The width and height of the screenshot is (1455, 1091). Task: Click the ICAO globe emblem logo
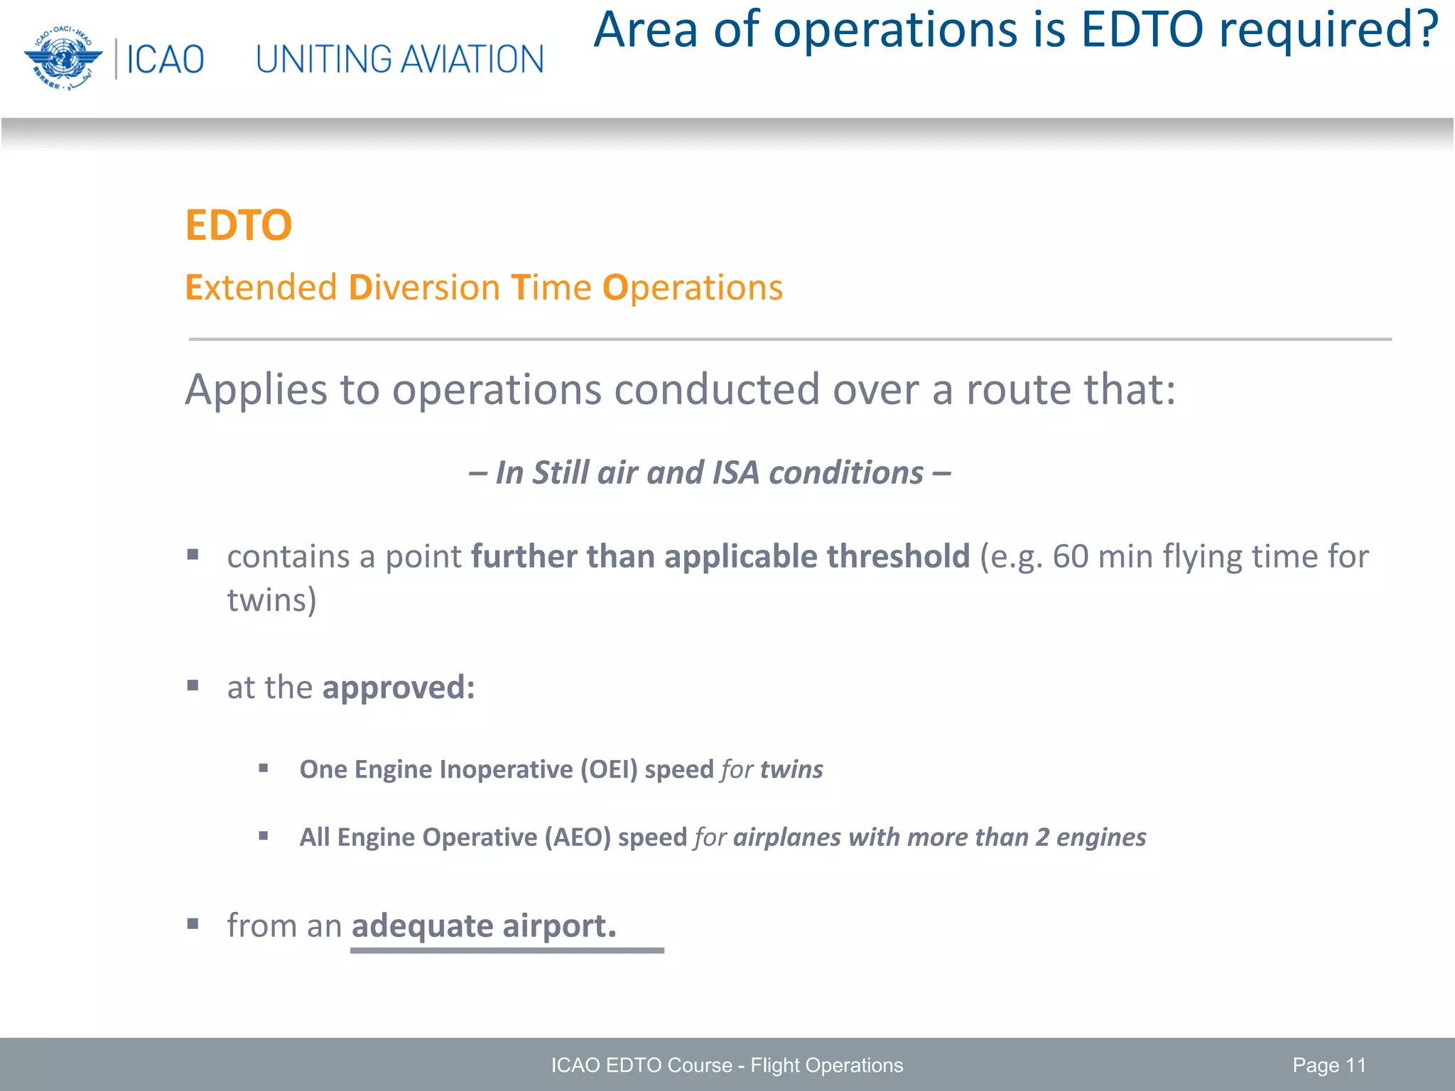click(x=63, y=58)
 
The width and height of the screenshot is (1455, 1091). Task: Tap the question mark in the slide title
click(x=1423, y=30)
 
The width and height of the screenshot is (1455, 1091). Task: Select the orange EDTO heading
click(x=238, y=225)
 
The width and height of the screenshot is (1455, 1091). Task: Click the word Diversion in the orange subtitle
click(x=424, y=288)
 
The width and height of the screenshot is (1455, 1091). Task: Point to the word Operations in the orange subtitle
click(x=692, y=288)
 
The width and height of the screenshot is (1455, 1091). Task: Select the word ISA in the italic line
click(x=735, y=473)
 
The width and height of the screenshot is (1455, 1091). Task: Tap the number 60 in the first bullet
click(x=1070, y=556)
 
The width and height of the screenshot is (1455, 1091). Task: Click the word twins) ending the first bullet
click(x=271, y=600)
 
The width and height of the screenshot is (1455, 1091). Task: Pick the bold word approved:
click(x=398, y=688)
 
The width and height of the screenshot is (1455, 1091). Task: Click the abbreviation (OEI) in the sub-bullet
click(x=609, y=769)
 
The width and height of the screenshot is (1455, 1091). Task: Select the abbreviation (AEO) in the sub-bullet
click(x=578, y=837)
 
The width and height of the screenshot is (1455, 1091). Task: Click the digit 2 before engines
click(x=1042, y=837)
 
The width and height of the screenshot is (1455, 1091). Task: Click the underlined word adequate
click(x=422, y=926)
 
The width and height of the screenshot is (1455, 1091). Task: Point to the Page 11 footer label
click(x=1329, y=1065)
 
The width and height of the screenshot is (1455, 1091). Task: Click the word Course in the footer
click(x=699, y=1065)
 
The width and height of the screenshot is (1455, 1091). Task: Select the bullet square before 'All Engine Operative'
click(x=264, y=836)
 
